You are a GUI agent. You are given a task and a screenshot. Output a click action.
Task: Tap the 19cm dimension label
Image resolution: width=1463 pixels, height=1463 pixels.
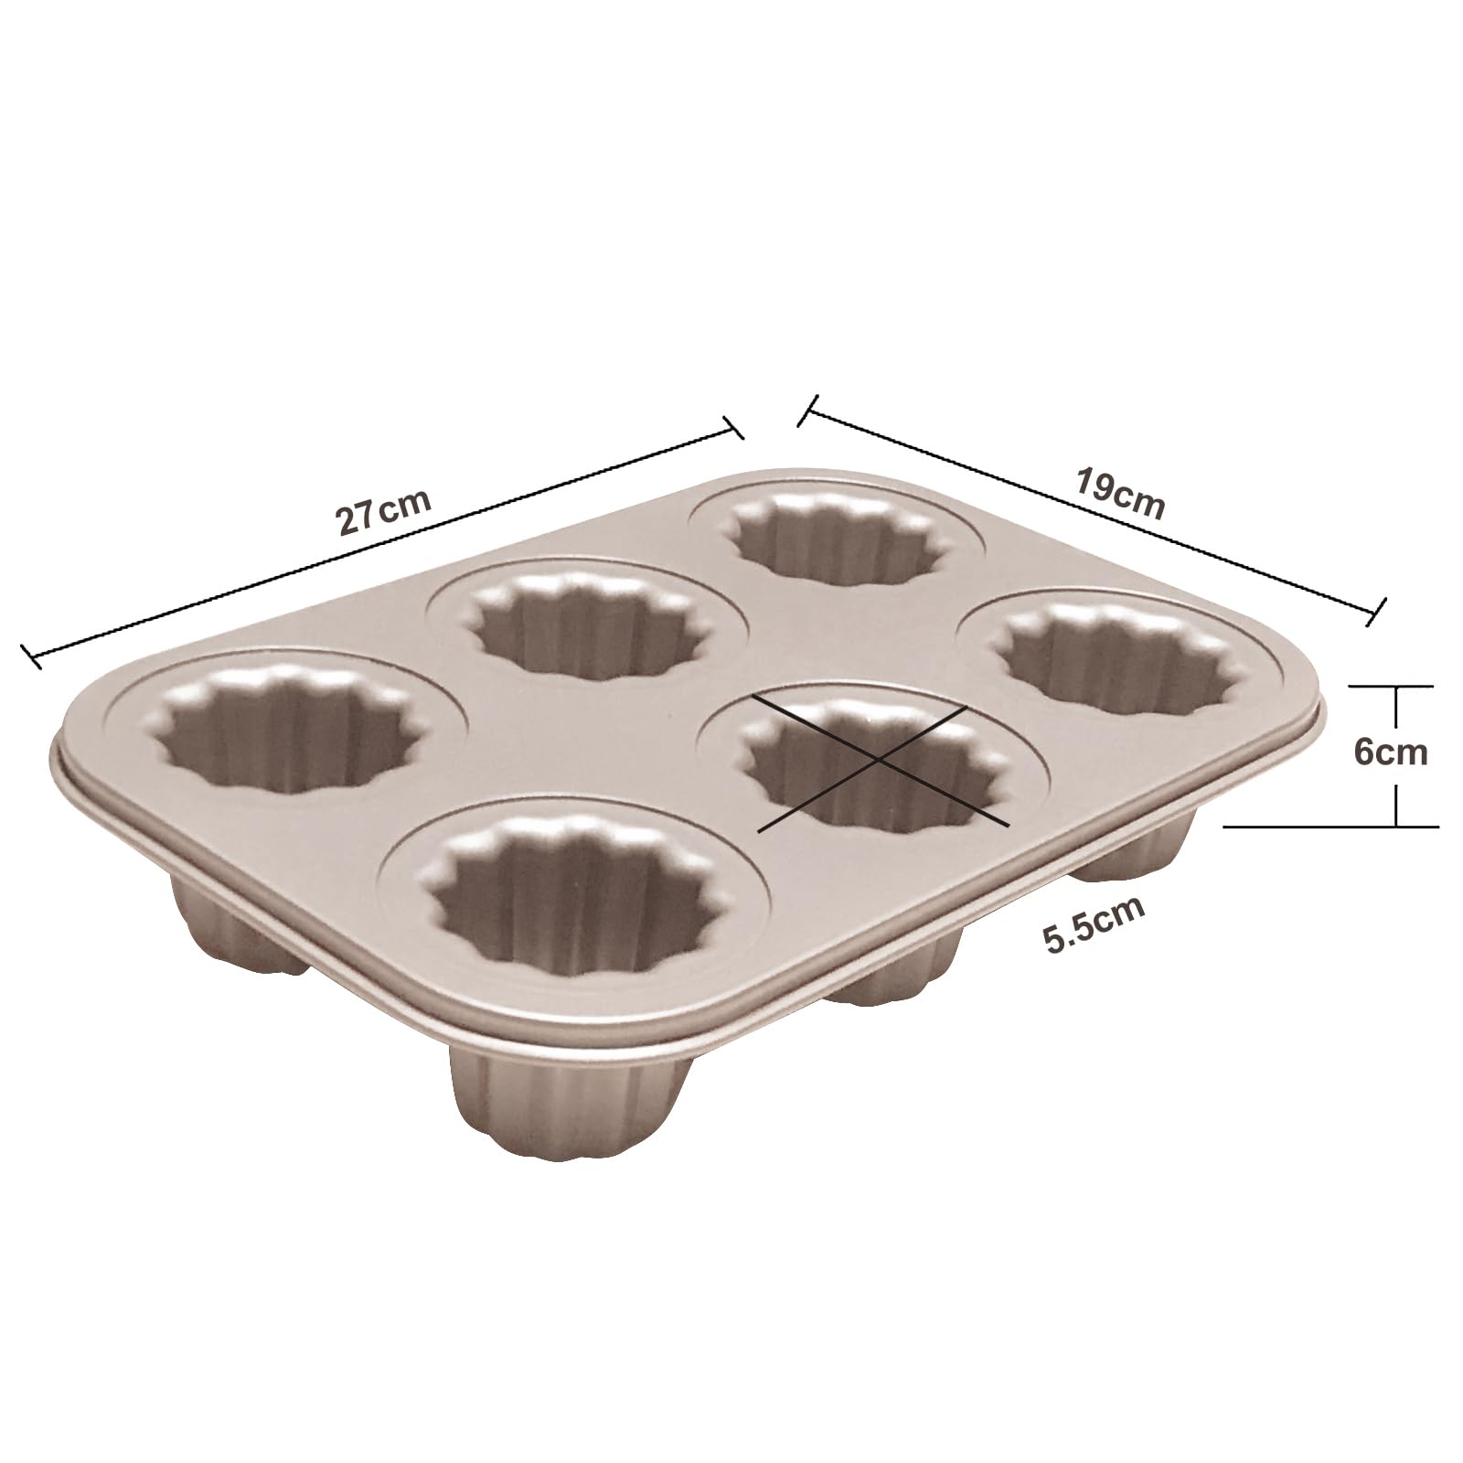(1119, 495)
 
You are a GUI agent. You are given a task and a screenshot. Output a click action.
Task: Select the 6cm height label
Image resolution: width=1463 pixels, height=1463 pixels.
(1390, 752)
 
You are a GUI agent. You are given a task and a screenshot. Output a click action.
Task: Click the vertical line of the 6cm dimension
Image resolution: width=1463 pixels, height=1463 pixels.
(1396, 755)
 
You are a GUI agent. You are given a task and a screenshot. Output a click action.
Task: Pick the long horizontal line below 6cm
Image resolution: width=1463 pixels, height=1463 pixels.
(1331, 826)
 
